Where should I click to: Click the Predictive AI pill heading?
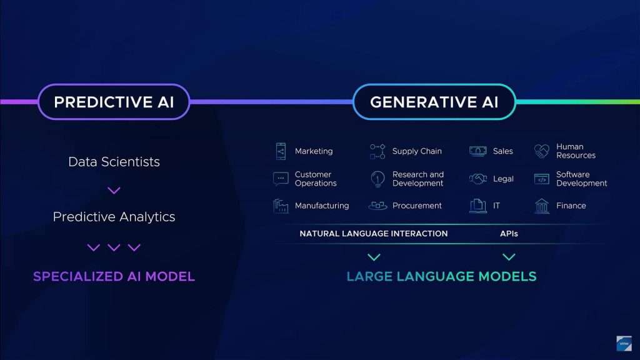pos(114,102)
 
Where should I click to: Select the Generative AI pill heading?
pos(434,102)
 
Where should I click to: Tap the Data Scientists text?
pos(114,162)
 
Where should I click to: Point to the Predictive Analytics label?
pos(114,217)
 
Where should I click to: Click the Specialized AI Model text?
pos(114,276)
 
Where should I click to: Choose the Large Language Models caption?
pos(441,276)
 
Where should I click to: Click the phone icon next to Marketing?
pos(281,151)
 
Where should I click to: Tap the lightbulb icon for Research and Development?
pos(377,179)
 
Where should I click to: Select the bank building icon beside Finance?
pos(542,206)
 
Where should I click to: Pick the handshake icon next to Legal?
pos(478,179)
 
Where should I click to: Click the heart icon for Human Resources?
pos(542,151)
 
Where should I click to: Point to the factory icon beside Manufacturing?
pos(281,206)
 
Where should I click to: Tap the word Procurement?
pos(417,206)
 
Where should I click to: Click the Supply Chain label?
pos(417,151)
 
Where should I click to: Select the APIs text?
pos(509,234)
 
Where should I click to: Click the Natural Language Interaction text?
pos(374,234)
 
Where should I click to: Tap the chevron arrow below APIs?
pos(509,257)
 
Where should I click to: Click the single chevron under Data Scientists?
pos(114,190)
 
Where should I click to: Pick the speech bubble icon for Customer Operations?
pos(281,179)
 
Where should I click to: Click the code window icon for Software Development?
pos(542,179)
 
